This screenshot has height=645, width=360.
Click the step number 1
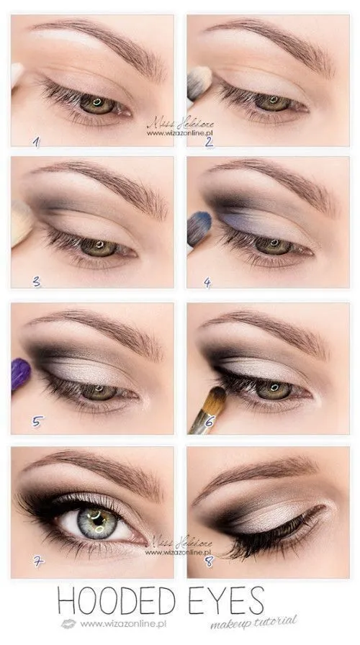(x=35, y=142)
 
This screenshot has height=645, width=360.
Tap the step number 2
(x=208, y=141)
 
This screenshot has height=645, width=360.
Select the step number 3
(x=37, y=281)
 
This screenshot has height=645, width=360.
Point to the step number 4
(x=207, y=282)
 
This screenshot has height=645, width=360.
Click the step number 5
(x=37, y=421)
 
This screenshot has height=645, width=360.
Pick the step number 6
(x=210, y=421)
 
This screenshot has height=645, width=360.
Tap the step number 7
(x=37, y=561)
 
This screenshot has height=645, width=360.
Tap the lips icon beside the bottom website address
(x=68, y=623)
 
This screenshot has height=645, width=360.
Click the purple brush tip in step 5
(x=20, y=374)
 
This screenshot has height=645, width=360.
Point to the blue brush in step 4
(x=198, y=227)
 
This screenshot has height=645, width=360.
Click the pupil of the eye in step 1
(x=97, y=104)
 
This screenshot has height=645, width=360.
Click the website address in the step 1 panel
(x=180, y=133)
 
